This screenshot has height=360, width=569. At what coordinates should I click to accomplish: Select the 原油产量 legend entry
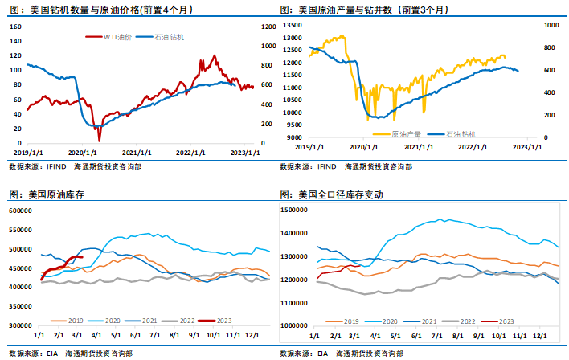click(403, 133)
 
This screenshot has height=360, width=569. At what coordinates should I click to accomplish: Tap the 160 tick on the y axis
click(15, 26)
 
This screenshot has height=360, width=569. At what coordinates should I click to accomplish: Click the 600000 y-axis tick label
click(19, 211)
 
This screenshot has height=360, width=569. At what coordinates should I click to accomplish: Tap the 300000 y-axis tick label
click(19, 325)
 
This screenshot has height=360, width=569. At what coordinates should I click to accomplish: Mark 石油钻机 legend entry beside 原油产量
click(461, 133)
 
